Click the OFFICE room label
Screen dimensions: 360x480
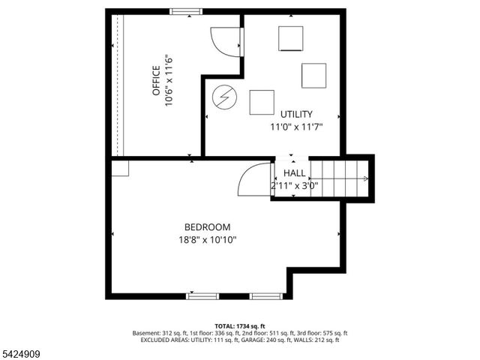tap(155, 80)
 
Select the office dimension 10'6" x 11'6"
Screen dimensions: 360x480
tap(169, 80)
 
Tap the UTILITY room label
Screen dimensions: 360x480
tap(297, 114)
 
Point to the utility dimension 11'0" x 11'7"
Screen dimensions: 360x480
tap(297, 127)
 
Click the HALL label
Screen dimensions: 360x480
tap(294, 172)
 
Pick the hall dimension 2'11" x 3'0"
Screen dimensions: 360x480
tap(295, 185)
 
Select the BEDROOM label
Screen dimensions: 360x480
tap(208, 226)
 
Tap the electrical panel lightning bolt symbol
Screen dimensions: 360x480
tap(223, 97)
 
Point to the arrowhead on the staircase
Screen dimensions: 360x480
tap(365, 178)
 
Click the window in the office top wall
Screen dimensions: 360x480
tap(185, 11)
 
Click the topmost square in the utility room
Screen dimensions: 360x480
tap(290, 38)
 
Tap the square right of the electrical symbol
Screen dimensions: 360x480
tap(262, 102)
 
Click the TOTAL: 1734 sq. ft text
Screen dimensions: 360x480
tap(240, 325)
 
